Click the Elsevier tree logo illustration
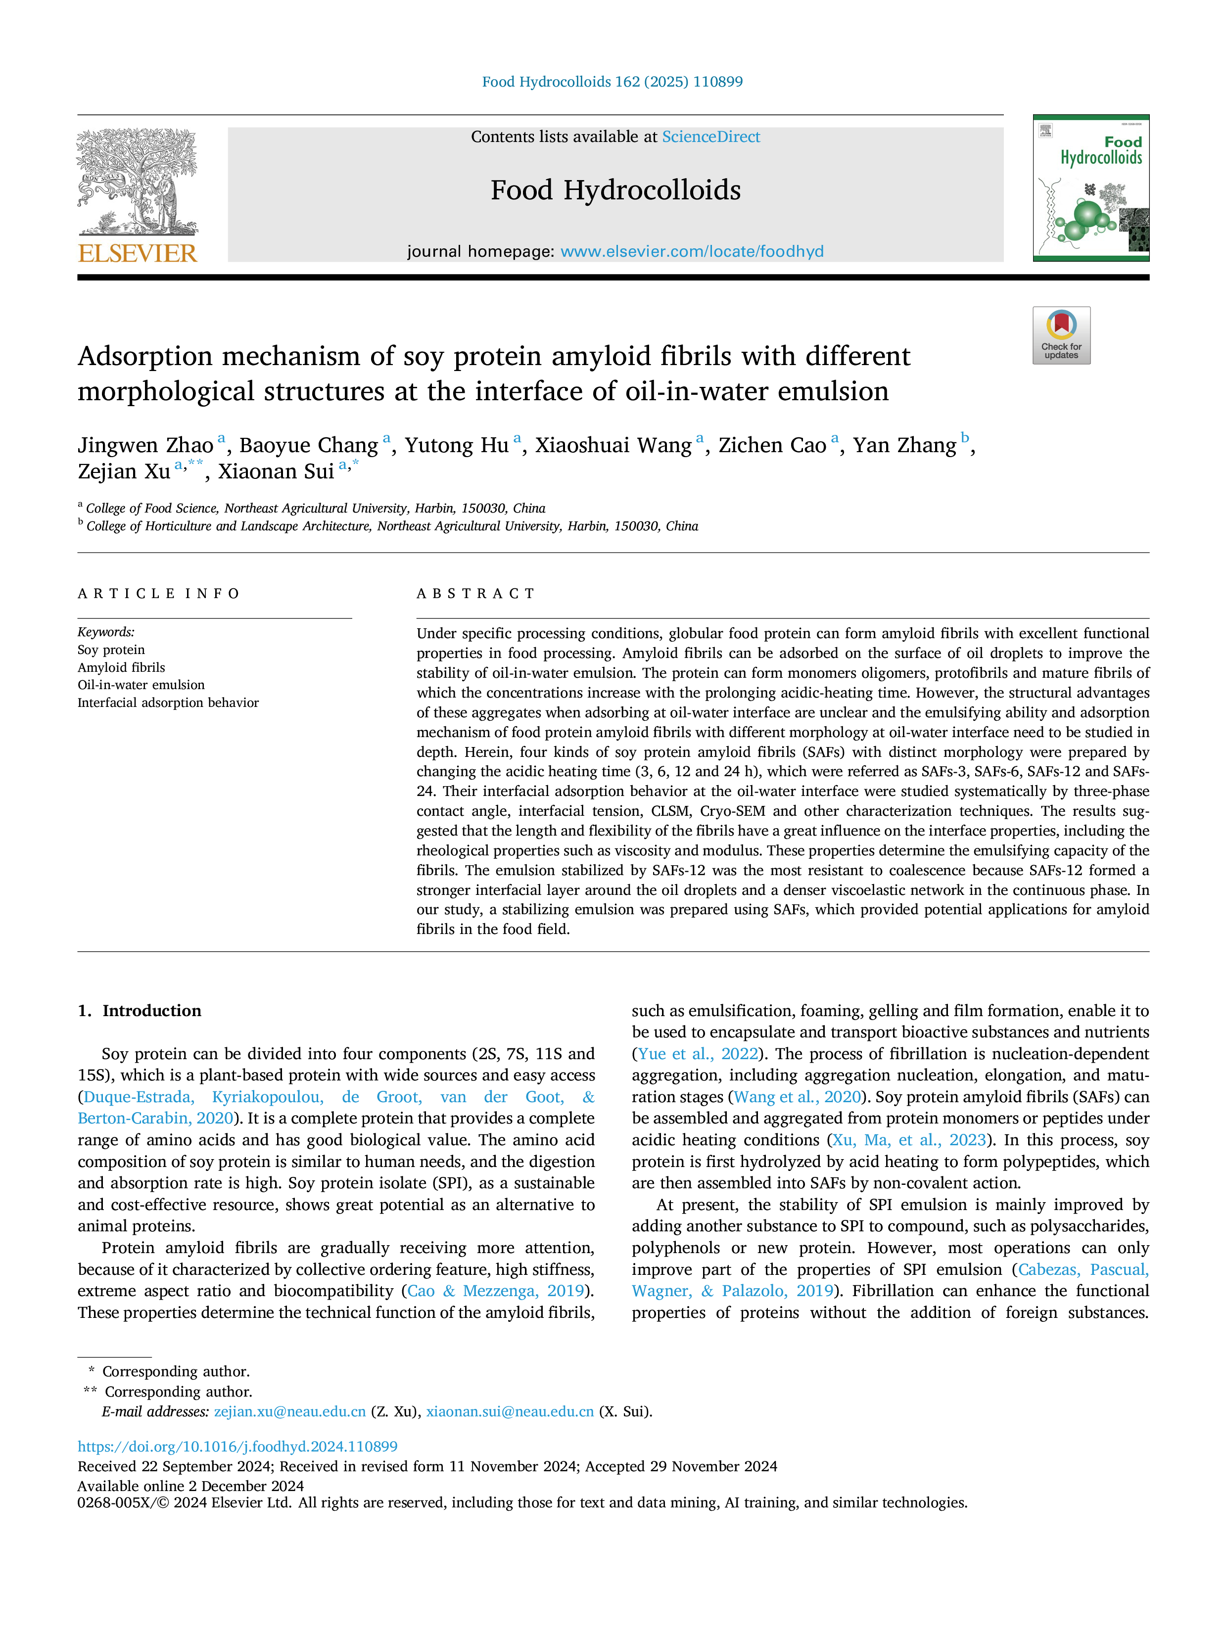(x=138, y=182)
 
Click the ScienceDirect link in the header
(x=711, y=137)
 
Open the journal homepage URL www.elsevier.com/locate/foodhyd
(x=692, y=251)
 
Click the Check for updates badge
(x=1061, y=335)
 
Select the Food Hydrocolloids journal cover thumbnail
(x=1091, y=188)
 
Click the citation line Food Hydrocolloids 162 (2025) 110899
(x=613, y=81)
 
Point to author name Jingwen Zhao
(x=145, y=445)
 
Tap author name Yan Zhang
(x=904, y=445)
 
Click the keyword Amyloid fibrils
(x=121, y=667)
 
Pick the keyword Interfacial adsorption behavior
(x=168, y=702)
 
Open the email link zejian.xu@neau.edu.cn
(x=290, y=1411)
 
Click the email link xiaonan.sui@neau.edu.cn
(x=510, y=1411)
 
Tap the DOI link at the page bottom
(x=237, y=1446)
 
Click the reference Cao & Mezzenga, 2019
(x=496, y=1291)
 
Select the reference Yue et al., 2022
(x=698, y=1054)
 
